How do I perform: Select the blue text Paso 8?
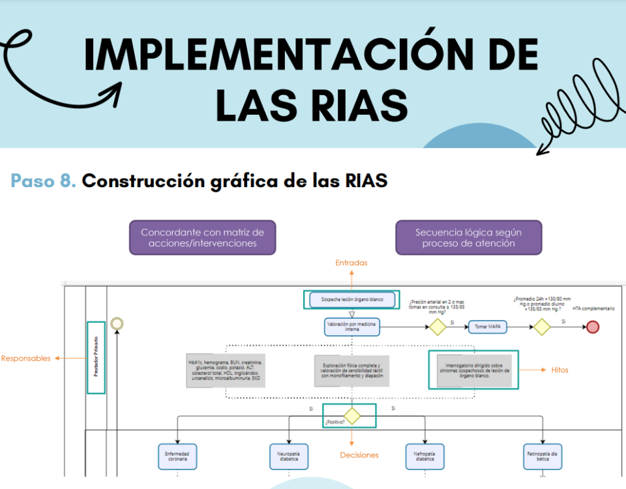43,181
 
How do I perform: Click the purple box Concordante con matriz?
202,237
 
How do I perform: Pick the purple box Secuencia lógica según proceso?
468,237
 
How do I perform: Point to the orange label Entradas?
351,263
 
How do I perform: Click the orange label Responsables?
25,358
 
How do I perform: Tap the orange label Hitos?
559,370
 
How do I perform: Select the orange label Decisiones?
359,454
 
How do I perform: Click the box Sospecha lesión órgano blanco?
352,300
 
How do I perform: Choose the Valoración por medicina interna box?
352,327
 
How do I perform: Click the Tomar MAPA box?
487,327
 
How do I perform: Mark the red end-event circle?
593,327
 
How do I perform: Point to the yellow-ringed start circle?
117,323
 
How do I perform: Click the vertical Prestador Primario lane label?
96,357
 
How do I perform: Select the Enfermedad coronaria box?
177,456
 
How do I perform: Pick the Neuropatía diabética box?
289,456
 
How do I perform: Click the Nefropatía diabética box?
424,456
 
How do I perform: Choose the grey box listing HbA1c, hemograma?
226,370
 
